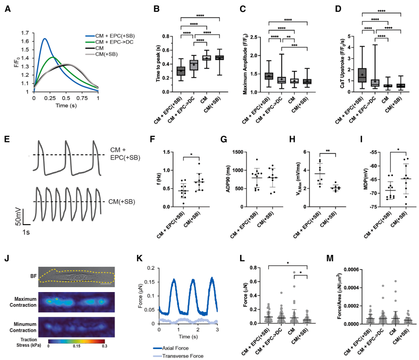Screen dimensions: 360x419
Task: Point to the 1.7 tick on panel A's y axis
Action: point(25,33)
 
